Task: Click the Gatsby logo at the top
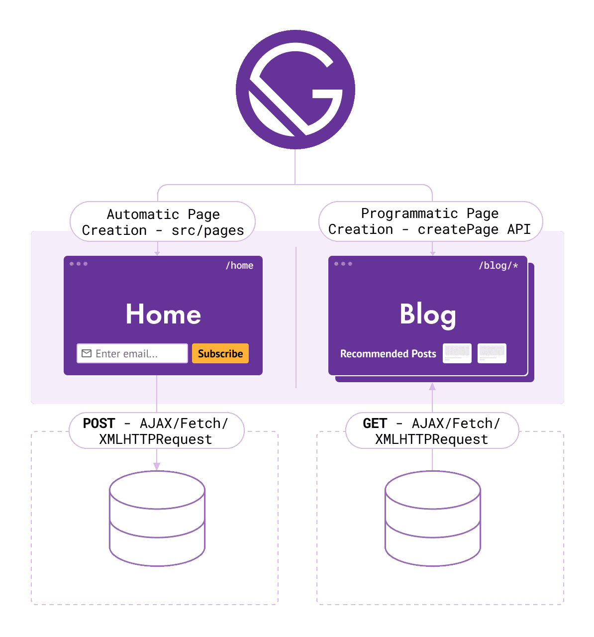pos(296,90)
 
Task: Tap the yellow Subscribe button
pos(220,353)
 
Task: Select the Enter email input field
pos(132,353)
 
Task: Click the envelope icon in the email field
pos(87,353)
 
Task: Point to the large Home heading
pos(163,315)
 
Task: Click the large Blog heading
pos(428,315)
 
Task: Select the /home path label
pos(239,265)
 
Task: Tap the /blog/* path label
pos(498,265)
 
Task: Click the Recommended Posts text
pos(388,354)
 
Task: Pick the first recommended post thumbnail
pos(457,353)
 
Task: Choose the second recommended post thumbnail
pos(492,353)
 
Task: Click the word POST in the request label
pos(99,424)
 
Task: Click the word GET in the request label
pos(375,424)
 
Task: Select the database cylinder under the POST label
pos(157,519)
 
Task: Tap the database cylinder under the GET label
pos(433,519)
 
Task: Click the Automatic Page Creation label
pos(163,222)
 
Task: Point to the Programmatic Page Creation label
pos(430,221)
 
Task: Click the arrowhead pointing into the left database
pos(157,466)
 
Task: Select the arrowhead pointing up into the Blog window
pos(432,387)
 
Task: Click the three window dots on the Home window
pos(79,264)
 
